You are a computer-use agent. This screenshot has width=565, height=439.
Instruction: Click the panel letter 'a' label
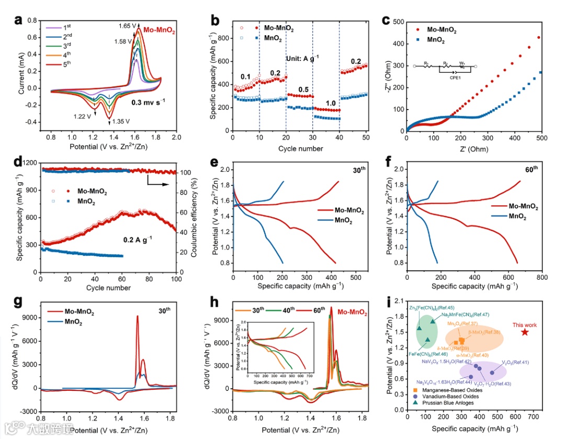[18, 21]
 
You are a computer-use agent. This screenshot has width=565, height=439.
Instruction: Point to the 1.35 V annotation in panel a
[121, 122]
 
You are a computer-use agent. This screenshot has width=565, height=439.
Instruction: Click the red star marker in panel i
[525, 332]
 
